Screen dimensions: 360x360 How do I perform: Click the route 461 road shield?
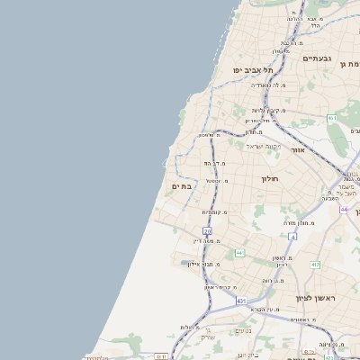[332, 118]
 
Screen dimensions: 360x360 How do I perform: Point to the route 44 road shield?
[344, 209]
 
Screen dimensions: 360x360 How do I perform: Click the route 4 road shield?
[292, 237]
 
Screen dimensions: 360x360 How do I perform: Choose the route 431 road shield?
[241, 300]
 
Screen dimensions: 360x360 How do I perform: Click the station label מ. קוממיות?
[214, 212]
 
